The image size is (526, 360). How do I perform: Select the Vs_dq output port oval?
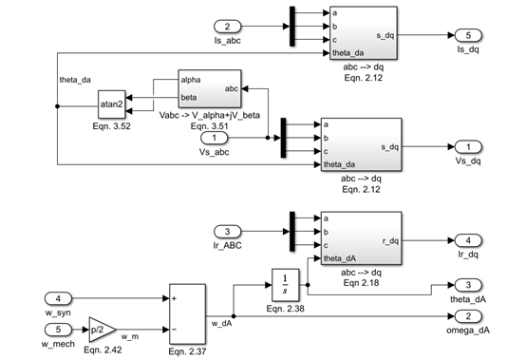(466, 146)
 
